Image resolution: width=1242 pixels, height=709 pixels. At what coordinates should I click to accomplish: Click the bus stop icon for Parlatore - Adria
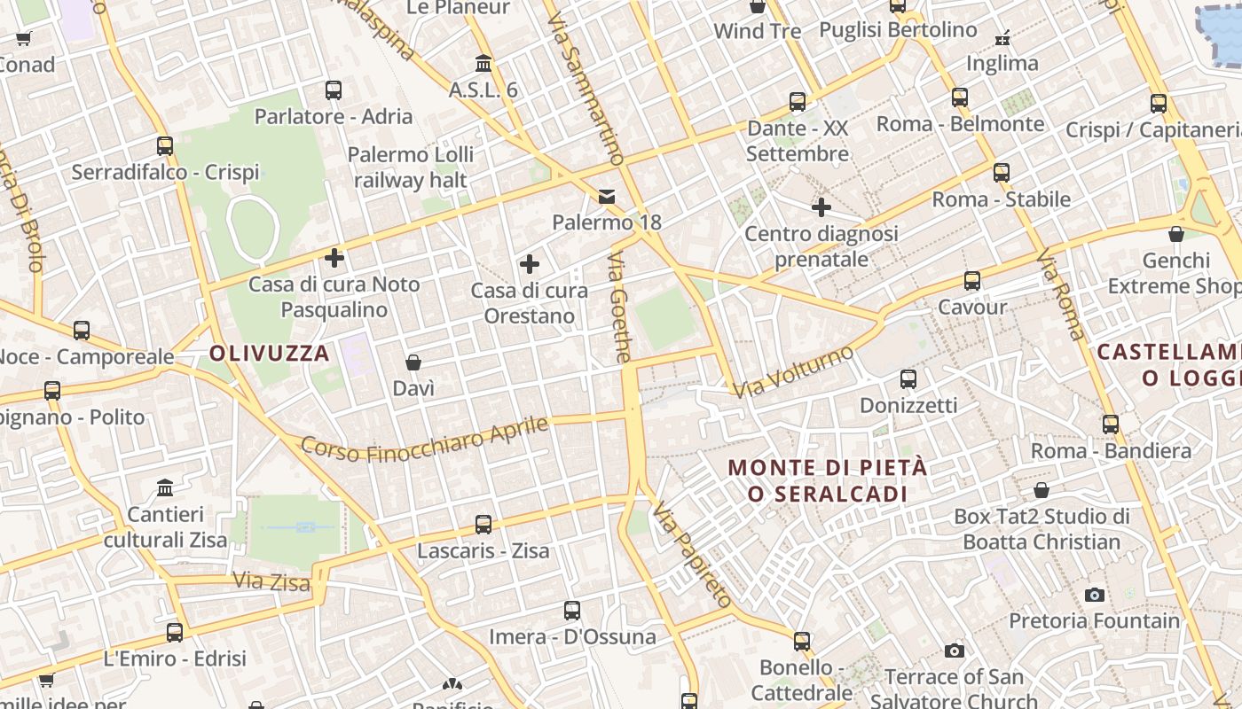click(334, 90)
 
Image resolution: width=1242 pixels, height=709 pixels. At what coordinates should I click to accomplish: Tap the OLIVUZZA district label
click(270, 354)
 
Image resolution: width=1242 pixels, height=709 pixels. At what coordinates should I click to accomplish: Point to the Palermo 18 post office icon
click(607, 196)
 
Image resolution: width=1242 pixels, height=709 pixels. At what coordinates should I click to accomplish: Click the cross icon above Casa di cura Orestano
click(530, 264)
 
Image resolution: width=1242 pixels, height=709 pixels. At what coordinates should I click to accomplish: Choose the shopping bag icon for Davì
click(413, 362)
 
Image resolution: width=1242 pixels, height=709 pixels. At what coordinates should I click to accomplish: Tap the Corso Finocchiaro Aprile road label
click(424, 439)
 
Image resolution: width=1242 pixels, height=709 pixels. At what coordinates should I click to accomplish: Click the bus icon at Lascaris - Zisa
click(483, 525)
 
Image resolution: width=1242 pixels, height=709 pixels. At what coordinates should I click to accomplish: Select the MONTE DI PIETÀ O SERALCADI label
click(828, 480)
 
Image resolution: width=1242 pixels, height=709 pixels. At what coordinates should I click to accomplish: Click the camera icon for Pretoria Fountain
click(1095, 595)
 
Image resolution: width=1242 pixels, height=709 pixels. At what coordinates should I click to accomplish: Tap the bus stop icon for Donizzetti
click(908, 379)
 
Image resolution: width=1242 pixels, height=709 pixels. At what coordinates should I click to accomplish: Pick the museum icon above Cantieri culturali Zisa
click(165, 488)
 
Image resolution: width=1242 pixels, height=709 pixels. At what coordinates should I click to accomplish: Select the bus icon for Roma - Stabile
click(1002, 173)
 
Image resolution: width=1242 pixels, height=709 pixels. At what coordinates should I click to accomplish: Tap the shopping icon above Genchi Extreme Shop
click(1176, 235)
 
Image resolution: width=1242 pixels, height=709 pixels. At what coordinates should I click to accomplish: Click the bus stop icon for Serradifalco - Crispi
click(165, 146)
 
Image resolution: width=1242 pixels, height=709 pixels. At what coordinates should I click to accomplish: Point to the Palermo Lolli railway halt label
click(411, 167)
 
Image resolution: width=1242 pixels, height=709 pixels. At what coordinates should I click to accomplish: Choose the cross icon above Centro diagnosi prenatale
click(821, 208)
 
